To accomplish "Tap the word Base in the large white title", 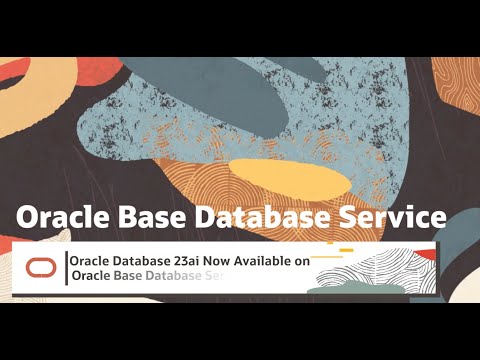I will point(148,217).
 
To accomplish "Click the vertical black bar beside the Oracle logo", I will point(67,268).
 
